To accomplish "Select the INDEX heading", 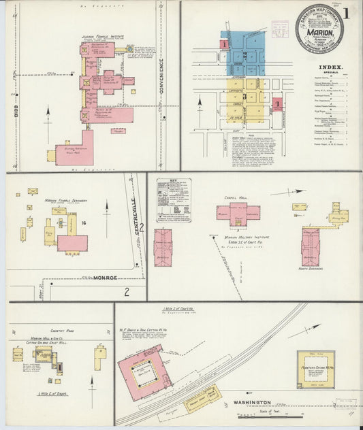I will (330, 67).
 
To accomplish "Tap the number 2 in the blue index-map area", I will (242, 53).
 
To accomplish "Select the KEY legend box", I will (173, 200).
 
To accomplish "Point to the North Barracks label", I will (311, 269).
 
